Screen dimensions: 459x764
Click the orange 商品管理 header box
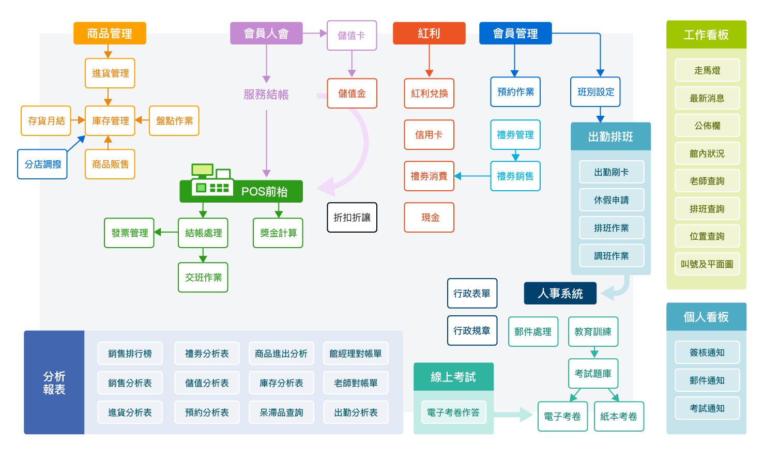pos(110,34)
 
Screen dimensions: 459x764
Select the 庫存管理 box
pos(110,121)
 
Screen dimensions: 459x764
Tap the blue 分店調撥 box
pos(42,164)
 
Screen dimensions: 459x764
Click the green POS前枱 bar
pos(264,192)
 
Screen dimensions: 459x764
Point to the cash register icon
pos(211,180)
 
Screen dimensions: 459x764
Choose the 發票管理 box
pos(129,233)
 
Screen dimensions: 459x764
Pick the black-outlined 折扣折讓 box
pos(352,218)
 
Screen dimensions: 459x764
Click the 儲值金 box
pos(352,94)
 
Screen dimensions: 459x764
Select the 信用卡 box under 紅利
pos(429,135)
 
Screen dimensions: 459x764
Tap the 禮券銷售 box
pos(515,176)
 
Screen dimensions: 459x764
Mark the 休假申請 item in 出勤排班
pos(611,200)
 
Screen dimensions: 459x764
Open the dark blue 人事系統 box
pos(560,294)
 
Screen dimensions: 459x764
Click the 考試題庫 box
pos(593,374)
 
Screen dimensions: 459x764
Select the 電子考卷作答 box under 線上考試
pos(453,412)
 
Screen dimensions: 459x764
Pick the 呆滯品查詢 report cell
pos(281,412)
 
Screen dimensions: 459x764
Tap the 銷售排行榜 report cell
pos(130,354)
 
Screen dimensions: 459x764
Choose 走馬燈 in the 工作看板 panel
pos(707,70)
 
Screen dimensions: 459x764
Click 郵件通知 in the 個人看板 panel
pos(707,380)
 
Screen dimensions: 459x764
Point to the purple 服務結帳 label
pos(266,95)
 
